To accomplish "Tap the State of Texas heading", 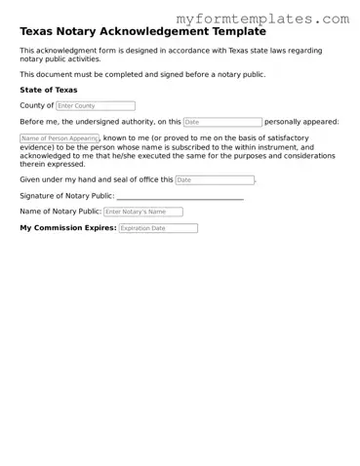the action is click(x=49, y=90).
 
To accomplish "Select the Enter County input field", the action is click(x=96, y=105).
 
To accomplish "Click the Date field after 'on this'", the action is click(x=222, y=122).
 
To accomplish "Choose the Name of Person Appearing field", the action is click(x=60, y=138).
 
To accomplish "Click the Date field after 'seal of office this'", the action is click(x=215, y=179).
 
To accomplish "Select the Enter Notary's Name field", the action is click(x=142, y=212).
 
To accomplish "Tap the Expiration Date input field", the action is click(x=158, y=228).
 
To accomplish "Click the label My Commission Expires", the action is click(x=68, y=228).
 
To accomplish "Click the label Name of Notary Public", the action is click(x=60, y=212).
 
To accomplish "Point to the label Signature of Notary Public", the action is click(x=66, y=196).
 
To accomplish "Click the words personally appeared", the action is click(x=301, y=122).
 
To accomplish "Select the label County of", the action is click(x=37, y=105).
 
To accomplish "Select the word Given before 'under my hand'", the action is click(x=30, y=179).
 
